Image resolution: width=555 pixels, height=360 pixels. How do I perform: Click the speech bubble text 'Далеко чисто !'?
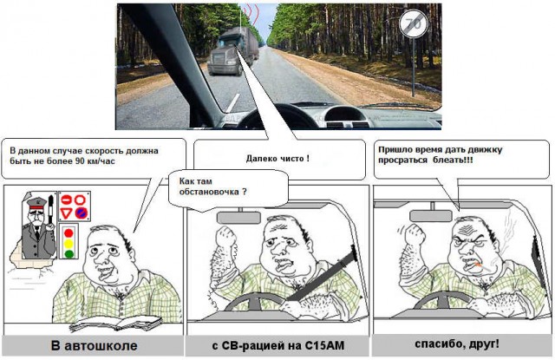(x=278, y=158)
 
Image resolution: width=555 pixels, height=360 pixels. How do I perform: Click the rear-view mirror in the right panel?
(x=437, y=217)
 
